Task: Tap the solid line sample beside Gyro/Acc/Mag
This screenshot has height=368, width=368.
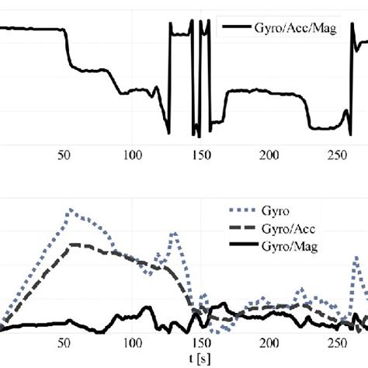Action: tap(234, 30)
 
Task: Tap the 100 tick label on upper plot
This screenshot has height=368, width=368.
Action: tap(131, 154)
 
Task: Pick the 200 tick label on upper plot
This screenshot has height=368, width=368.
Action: tap(269, 154)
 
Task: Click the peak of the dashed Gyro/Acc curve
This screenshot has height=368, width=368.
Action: tap(71, 245)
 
